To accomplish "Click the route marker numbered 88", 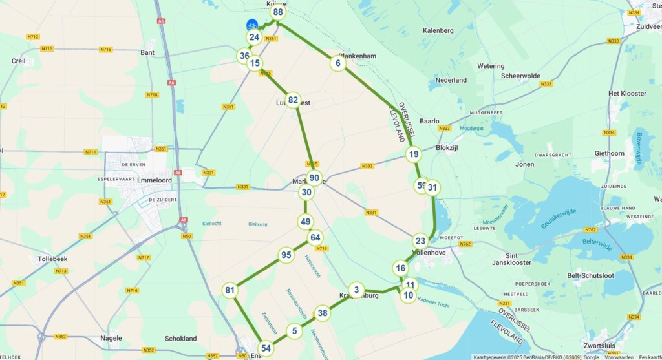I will [278, 12].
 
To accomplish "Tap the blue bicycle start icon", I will [252, 25].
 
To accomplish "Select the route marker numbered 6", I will [337, 63].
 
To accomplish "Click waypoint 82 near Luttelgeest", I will [293, 100].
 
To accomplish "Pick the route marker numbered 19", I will [414, 154].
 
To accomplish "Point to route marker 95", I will [286, 255].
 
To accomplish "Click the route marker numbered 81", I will [230, 290].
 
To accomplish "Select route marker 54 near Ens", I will [266, 349].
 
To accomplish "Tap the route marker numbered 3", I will [356, 290].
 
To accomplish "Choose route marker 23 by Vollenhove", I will [420, 240].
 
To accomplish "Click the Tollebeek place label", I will [52, 259].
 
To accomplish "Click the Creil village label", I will [19, 61].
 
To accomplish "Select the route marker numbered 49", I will [306, 222].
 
